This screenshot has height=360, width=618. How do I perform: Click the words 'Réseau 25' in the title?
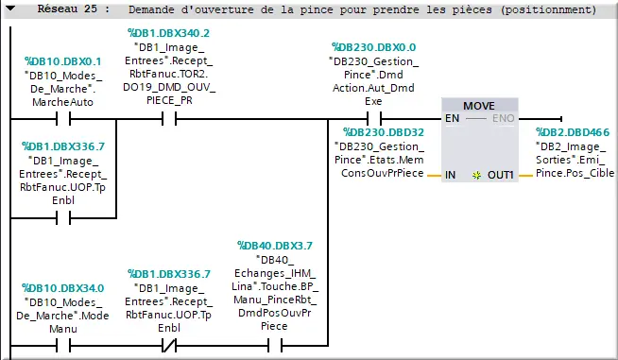pyautogui.click(x=68, y=10)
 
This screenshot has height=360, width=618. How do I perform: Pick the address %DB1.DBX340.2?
pyautogui.click(x=169, y=32)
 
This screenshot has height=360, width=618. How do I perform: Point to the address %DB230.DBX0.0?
pyautogui.click(x=373, y=45)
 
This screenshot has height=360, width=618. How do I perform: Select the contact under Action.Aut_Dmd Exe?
pyautogui.click(x=373, y=119)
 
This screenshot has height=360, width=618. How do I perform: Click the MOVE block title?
pyautogui.click(x=479, y=104)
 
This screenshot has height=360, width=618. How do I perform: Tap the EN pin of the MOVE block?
pyautogui.click(x=453, y=119)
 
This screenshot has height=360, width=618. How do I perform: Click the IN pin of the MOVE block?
pyautogui.click(x=451, y=175)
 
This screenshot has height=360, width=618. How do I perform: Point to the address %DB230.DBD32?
pyautogui.click(x=384, y=133)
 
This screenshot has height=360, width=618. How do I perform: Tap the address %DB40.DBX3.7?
pyautogui.click(x=274, y=246)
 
